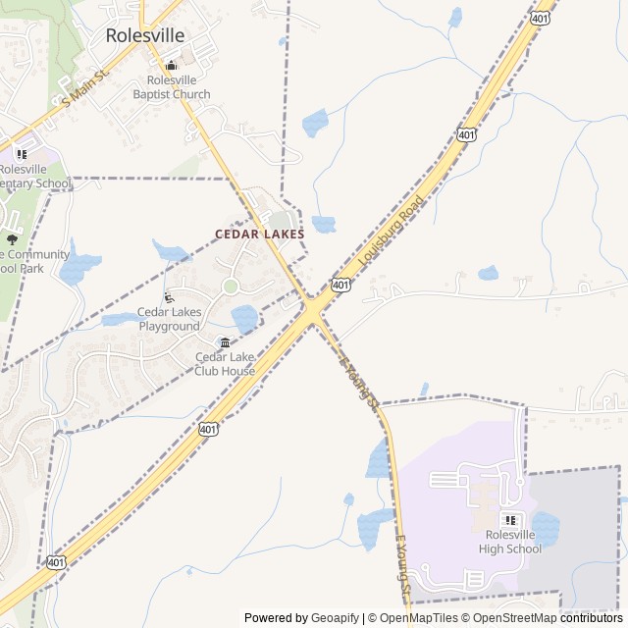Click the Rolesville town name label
pos(144,36)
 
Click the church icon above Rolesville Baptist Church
pos(172,66)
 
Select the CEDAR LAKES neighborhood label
pos(260,235)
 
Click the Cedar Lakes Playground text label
pos(169,319)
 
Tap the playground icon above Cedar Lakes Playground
pos(169,297)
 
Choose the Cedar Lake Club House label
pos(225,364)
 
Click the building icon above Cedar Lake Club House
pos(225,342)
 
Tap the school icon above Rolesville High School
pos(510,520)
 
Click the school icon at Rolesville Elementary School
pos(22,154)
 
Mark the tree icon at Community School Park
pos(12,238)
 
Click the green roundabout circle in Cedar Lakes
pos(230,287)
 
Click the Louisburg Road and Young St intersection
pos(312,311)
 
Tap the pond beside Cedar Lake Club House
pos(243,318)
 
